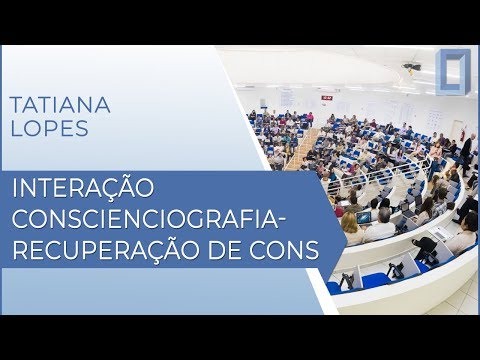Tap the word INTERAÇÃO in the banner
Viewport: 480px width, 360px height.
(x=79, y=187)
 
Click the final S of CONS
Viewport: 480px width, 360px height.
(x=312, y=247)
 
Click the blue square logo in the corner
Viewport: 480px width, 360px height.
(x=457, y=74)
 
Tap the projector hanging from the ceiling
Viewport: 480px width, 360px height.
(x=411, y=67)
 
